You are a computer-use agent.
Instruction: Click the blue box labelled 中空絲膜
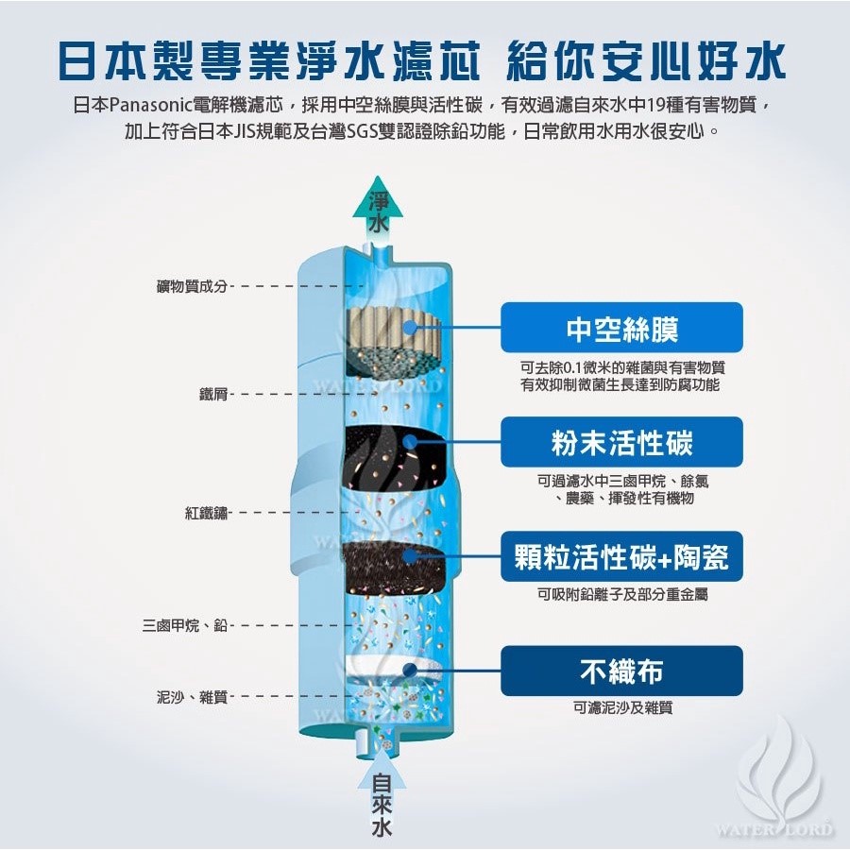tap(621, 328)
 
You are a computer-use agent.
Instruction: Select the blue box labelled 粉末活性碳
tap(621, 442)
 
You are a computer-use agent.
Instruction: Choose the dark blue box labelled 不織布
tap(621, 671)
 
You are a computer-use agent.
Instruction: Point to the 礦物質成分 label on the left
tap(192, 285)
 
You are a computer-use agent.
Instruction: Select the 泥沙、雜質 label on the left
tap(192, 697)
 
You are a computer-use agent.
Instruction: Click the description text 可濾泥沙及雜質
tap(621, 706)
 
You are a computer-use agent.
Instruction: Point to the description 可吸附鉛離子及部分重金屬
tap(621, 594)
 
